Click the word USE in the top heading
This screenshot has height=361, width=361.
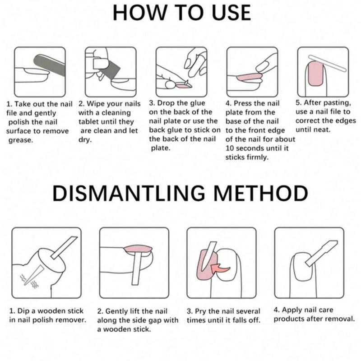click(231, 13)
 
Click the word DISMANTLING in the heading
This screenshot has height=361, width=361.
click(129, 194)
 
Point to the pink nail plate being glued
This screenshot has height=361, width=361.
click(184, 86)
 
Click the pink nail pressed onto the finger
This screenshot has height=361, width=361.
click(249, 77)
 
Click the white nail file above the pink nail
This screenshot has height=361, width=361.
click(327, 63)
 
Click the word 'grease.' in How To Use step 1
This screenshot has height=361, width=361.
click(21, 140)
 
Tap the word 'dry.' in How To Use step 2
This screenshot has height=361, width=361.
click(85, 139)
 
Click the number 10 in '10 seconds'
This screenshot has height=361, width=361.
click(230, 148)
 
